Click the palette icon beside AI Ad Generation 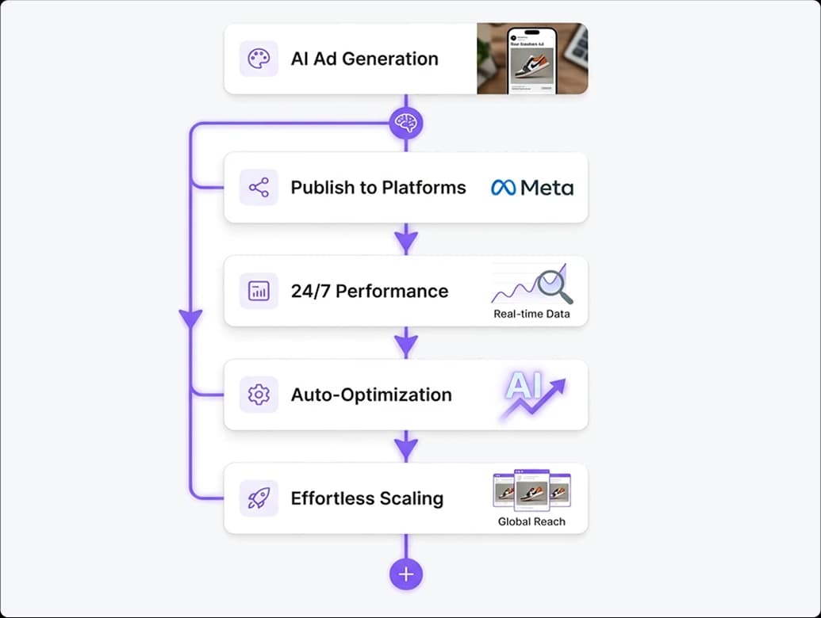click(259, 59)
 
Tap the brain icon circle click(406, 123)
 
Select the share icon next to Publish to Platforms click(259, 188)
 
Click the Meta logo click(532, 188)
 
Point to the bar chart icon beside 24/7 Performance click(259, 291)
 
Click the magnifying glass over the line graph click(554, 287)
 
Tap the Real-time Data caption click(531, 314)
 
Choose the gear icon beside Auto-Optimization click(259, 395)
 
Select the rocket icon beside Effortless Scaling click(259, 498)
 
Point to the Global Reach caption click(531, 521)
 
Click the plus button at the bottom click(406, 574)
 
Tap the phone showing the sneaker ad click(531, 59)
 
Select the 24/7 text click(310, 291)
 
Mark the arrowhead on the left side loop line click(191, 319)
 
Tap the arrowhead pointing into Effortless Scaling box click(406, 449)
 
